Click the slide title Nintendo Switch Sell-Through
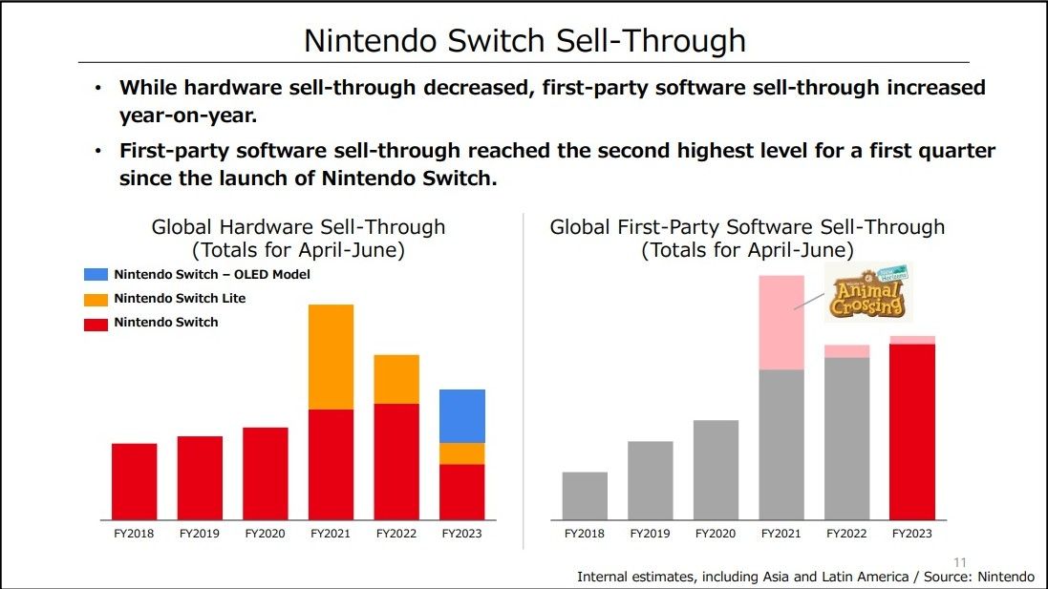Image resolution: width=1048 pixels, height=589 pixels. coord(524,40)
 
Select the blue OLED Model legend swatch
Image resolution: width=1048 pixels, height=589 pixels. coord(96,275)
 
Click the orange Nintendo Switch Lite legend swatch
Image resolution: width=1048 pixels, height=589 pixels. coord(96,299)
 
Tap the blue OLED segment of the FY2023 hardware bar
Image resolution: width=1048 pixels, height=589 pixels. coord(462,416)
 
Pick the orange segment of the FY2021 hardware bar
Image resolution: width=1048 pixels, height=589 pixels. coord(331,357)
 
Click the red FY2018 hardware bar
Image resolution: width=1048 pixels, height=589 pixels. coord(134,481)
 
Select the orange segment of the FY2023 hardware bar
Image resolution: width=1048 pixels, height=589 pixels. coord(462,453)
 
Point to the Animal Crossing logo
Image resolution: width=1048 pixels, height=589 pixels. coord(867,292)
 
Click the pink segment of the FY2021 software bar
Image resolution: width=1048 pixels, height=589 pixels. coord(781,323)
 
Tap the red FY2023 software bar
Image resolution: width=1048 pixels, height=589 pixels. coord(911,431)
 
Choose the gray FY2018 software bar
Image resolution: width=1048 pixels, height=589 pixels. coord(585,495)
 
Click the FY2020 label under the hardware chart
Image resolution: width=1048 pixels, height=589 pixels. coord(265,534)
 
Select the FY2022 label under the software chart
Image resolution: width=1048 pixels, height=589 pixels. coord(846,534)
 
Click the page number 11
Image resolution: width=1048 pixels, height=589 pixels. coord(960,561)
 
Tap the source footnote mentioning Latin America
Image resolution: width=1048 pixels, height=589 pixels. coord(804,577)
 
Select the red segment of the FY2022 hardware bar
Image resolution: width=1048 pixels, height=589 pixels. coord(396,461)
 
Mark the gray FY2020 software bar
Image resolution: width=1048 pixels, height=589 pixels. coord(716,470)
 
